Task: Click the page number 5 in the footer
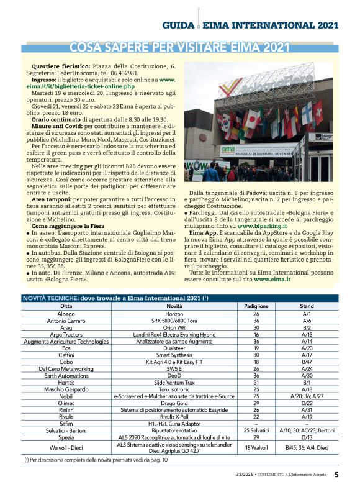click(336, 475)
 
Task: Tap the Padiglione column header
click(256, 307)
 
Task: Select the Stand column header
click(307, 307)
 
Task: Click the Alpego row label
click(66, 315)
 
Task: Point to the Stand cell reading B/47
click(307, 361)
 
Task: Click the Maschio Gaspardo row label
click(66, 389)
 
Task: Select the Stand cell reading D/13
click(307, 437)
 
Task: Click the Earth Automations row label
click(66, 375)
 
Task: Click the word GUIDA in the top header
click(179, 25)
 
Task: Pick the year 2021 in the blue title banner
click(276, 48)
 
